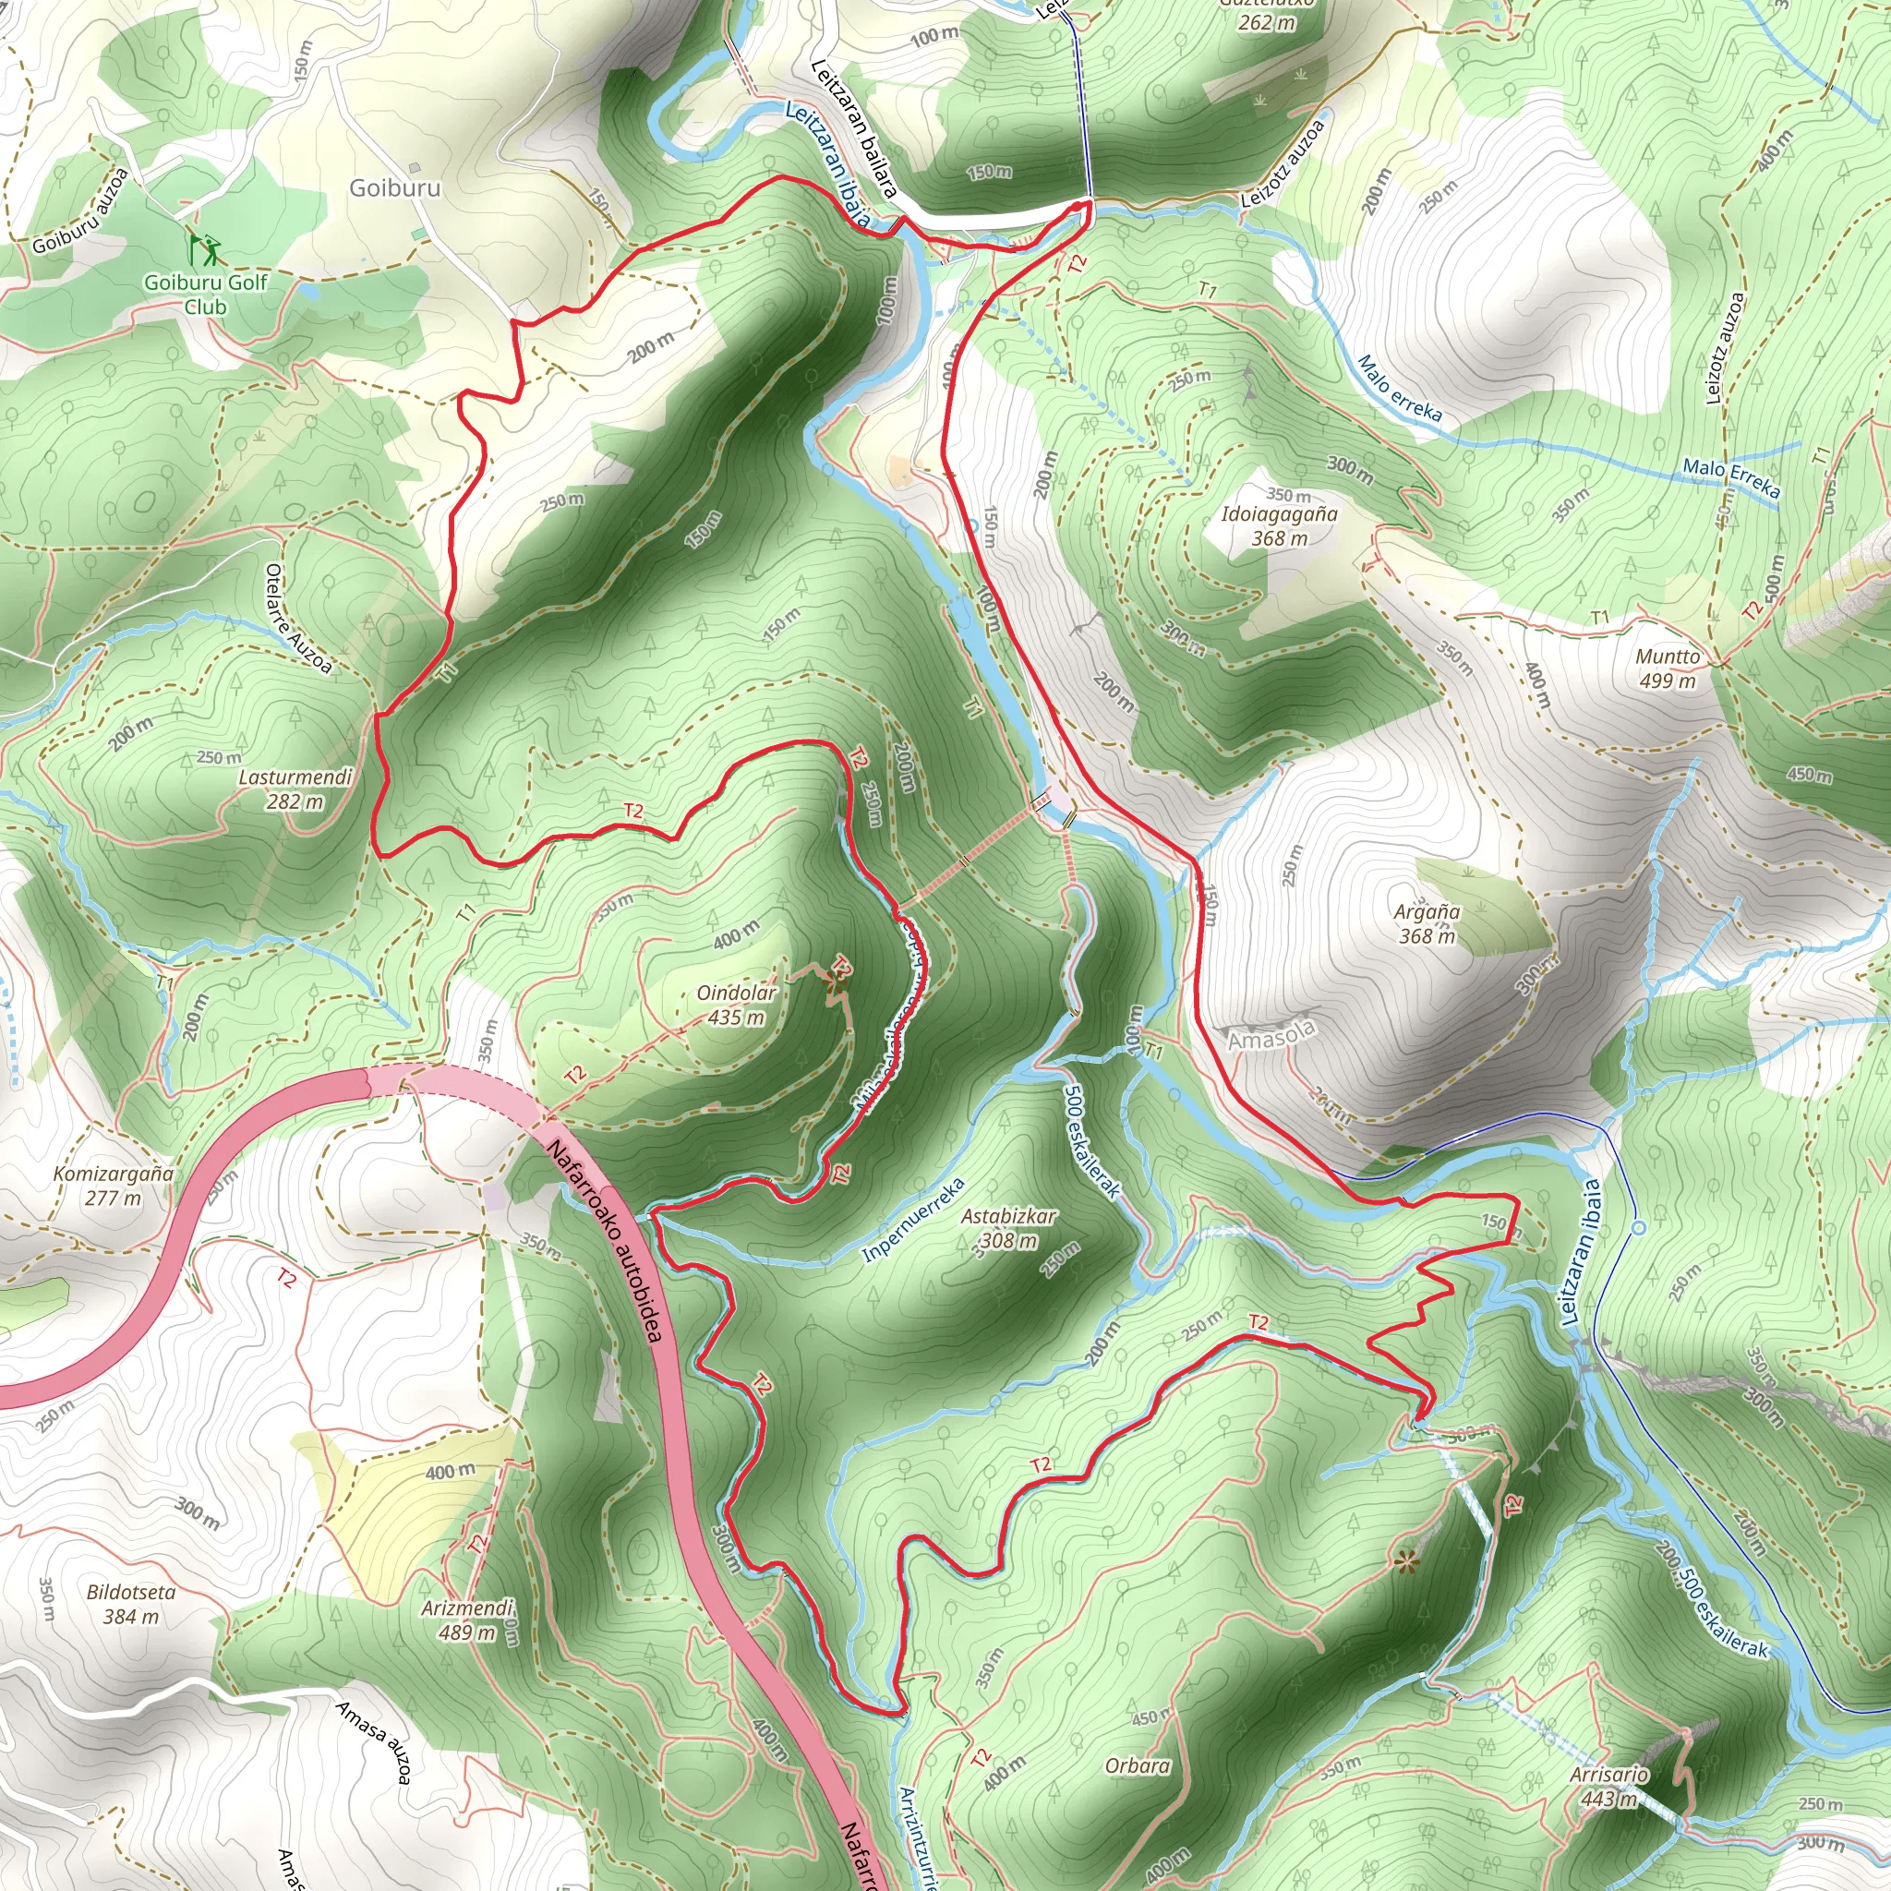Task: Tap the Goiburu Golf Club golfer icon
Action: pos(207,249)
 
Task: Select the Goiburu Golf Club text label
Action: pos(206,294)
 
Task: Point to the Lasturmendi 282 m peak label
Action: pos(295,789)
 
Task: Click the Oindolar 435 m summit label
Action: pos(736,1006)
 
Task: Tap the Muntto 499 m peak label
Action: pos(1668,668)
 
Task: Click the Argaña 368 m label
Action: pos(1427,923)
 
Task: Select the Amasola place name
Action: pos(1271,1034)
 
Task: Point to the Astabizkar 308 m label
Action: pos(1008,1227)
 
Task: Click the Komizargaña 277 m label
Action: pos(114,1186)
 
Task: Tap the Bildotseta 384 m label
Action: pos(131,1603)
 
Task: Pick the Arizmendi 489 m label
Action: pos(467,1620)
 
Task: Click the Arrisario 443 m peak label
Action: pos(1609,1787)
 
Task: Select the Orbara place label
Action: pos(1138,1765)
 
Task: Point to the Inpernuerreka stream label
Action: pos(913,1220)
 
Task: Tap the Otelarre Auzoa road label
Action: pos(298,619)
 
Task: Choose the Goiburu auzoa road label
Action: pos(80,211)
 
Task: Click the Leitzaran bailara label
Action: pos(852,128)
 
